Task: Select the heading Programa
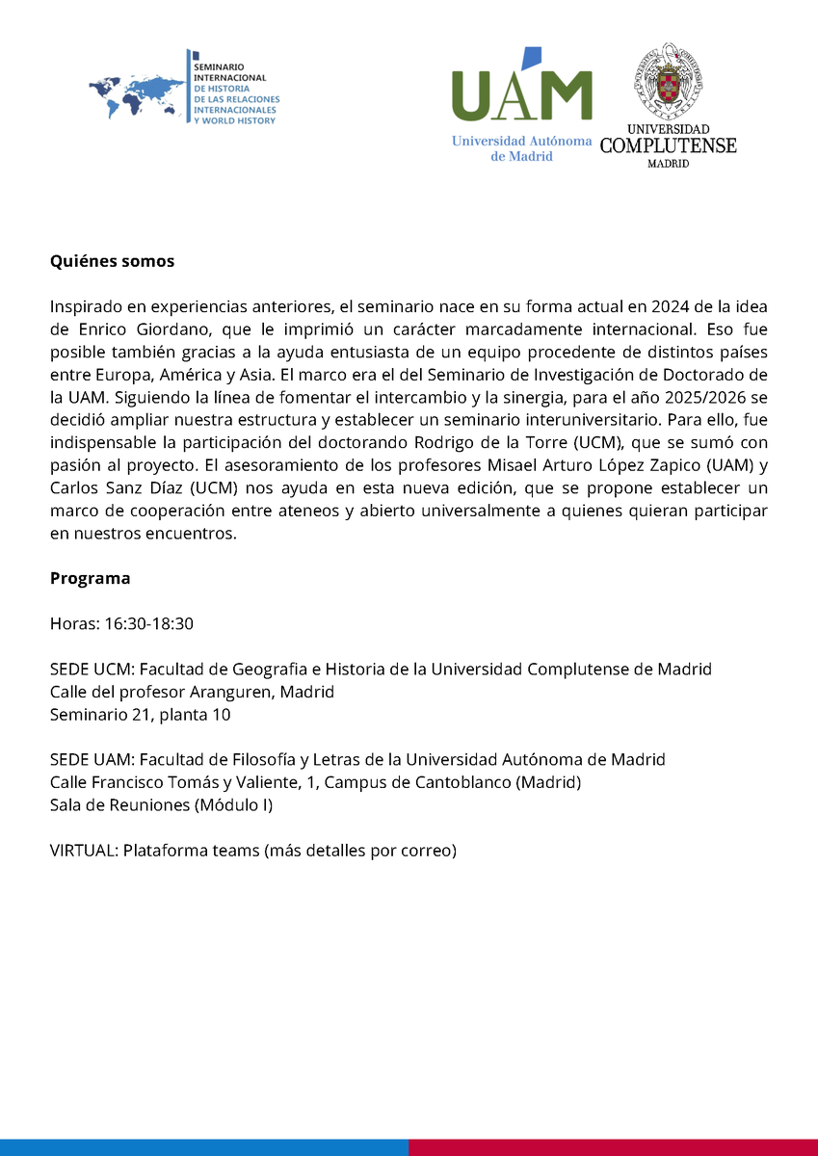[90, 579]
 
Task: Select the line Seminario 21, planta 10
[140, 715]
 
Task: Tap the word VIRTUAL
[83, 851]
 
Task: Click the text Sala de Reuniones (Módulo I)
[161, 805]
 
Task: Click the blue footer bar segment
[203, 1147]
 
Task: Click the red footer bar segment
[613, 1147]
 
